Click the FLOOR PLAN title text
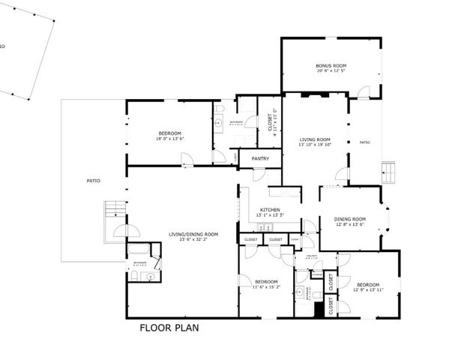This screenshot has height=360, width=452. click(x=169, y=328)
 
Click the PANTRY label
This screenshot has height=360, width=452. click(x=260, y=159)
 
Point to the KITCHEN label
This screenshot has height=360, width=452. click(x=270, y=209)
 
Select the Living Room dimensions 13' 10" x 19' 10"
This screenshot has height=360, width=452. click(x=315, y=145)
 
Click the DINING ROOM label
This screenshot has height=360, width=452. click(x=349, y=218)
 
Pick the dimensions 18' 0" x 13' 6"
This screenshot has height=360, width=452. click(x=170, y=139)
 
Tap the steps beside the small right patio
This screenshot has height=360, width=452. click(x=390, y=172)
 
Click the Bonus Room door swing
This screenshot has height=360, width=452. click(x=364, y=92)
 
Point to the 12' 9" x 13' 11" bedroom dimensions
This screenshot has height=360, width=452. click(x=367, y=289)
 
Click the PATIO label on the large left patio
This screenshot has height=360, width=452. click(x=93, y=181)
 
